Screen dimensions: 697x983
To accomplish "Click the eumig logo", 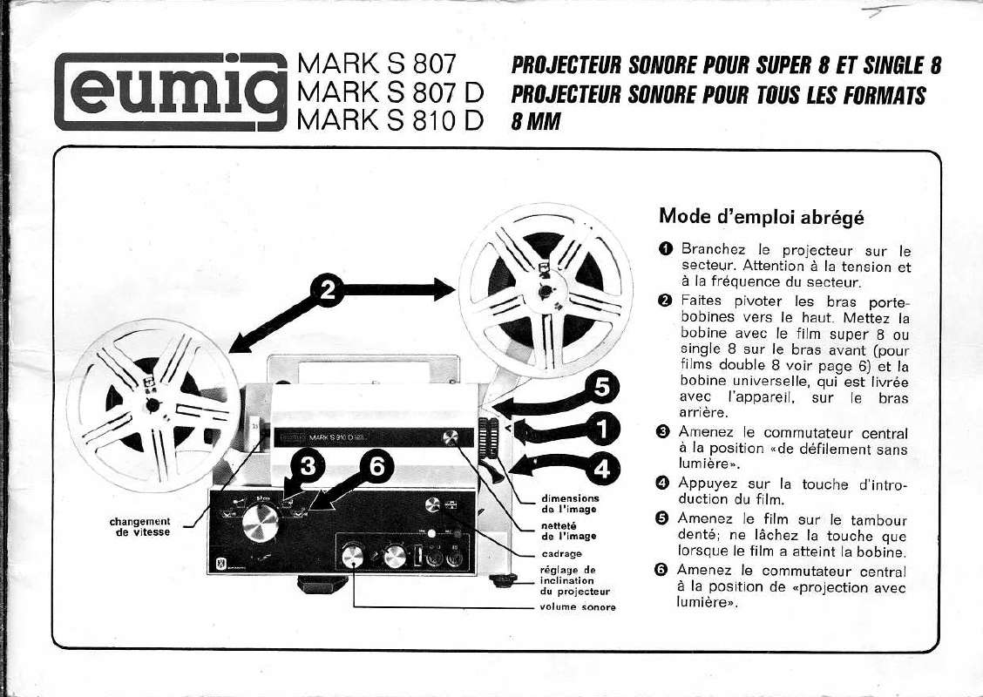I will click(171, 91).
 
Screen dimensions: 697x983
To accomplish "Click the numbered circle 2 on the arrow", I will click(329, 292).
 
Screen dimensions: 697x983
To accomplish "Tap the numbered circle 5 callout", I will click(601, 389).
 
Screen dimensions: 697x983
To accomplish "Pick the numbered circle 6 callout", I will click(376, 468).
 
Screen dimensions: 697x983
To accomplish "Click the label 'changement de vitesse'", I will click(140, 526).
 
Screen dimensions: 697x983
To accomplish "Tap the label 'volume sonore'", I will click(578, 606).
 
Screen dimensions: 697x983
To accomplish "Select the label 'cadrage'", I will click(562, 553).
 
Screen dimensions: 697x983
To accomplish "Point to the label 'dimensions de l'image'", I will click(570, 504).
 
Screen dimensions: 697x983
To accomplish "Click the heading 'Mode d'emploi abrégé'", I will click(763, 215).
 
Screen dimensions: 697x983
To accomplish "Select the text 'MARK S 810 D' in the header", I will click(390, 120).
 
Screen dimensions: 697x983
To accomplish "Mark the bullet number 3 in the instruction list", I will click(664, 433).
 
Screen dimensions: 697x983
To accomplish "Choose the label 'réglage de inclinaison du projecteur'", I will click(566, 580).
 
